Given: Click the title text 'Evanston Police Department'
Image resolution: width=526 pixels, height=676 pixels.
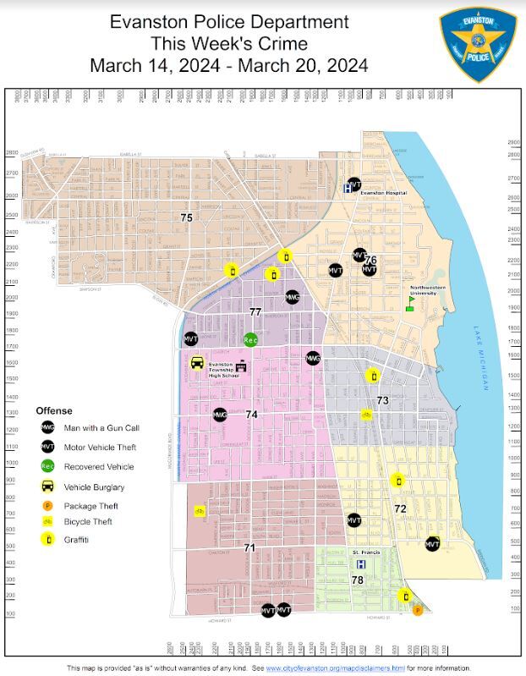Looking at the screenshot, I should point(228,21).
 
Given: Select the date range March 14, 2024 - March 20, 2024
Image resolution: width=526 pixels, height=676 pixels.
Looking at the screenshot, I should point(228,65).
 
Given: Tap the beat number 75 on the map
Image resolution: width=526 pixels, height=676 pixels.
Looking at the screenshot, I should point(187,217).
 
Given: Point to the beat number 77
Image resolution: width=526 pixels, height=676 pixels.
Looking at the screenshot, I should point(255,312).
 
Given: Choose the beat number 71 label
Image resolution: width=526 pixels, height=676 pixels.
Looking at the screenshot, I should point(249,548).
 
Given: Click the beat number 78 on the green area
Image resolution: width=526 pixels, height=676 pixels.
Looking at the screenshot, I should point(357,580).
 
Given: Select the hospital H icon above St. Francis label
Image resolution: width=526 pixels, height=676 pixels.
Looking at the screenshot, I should point(361,564).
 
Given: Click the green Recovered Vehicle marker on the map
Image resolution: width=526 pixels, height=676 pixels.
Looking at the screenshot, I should point(250,340).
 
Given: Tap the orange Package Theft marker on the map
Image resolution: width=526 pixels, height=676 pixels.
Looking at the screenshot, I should point(417,609).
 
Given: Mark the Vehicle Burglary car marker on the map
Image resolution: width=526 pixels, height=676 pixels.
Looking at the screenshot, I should point(197,364).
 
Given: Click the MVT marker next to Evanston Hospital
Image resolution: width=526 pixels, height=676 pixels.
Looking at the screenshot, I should point(355,184).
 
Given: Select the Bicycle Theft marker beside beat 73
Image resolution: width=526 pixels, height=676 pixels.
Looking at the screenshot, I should point(366,415).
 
